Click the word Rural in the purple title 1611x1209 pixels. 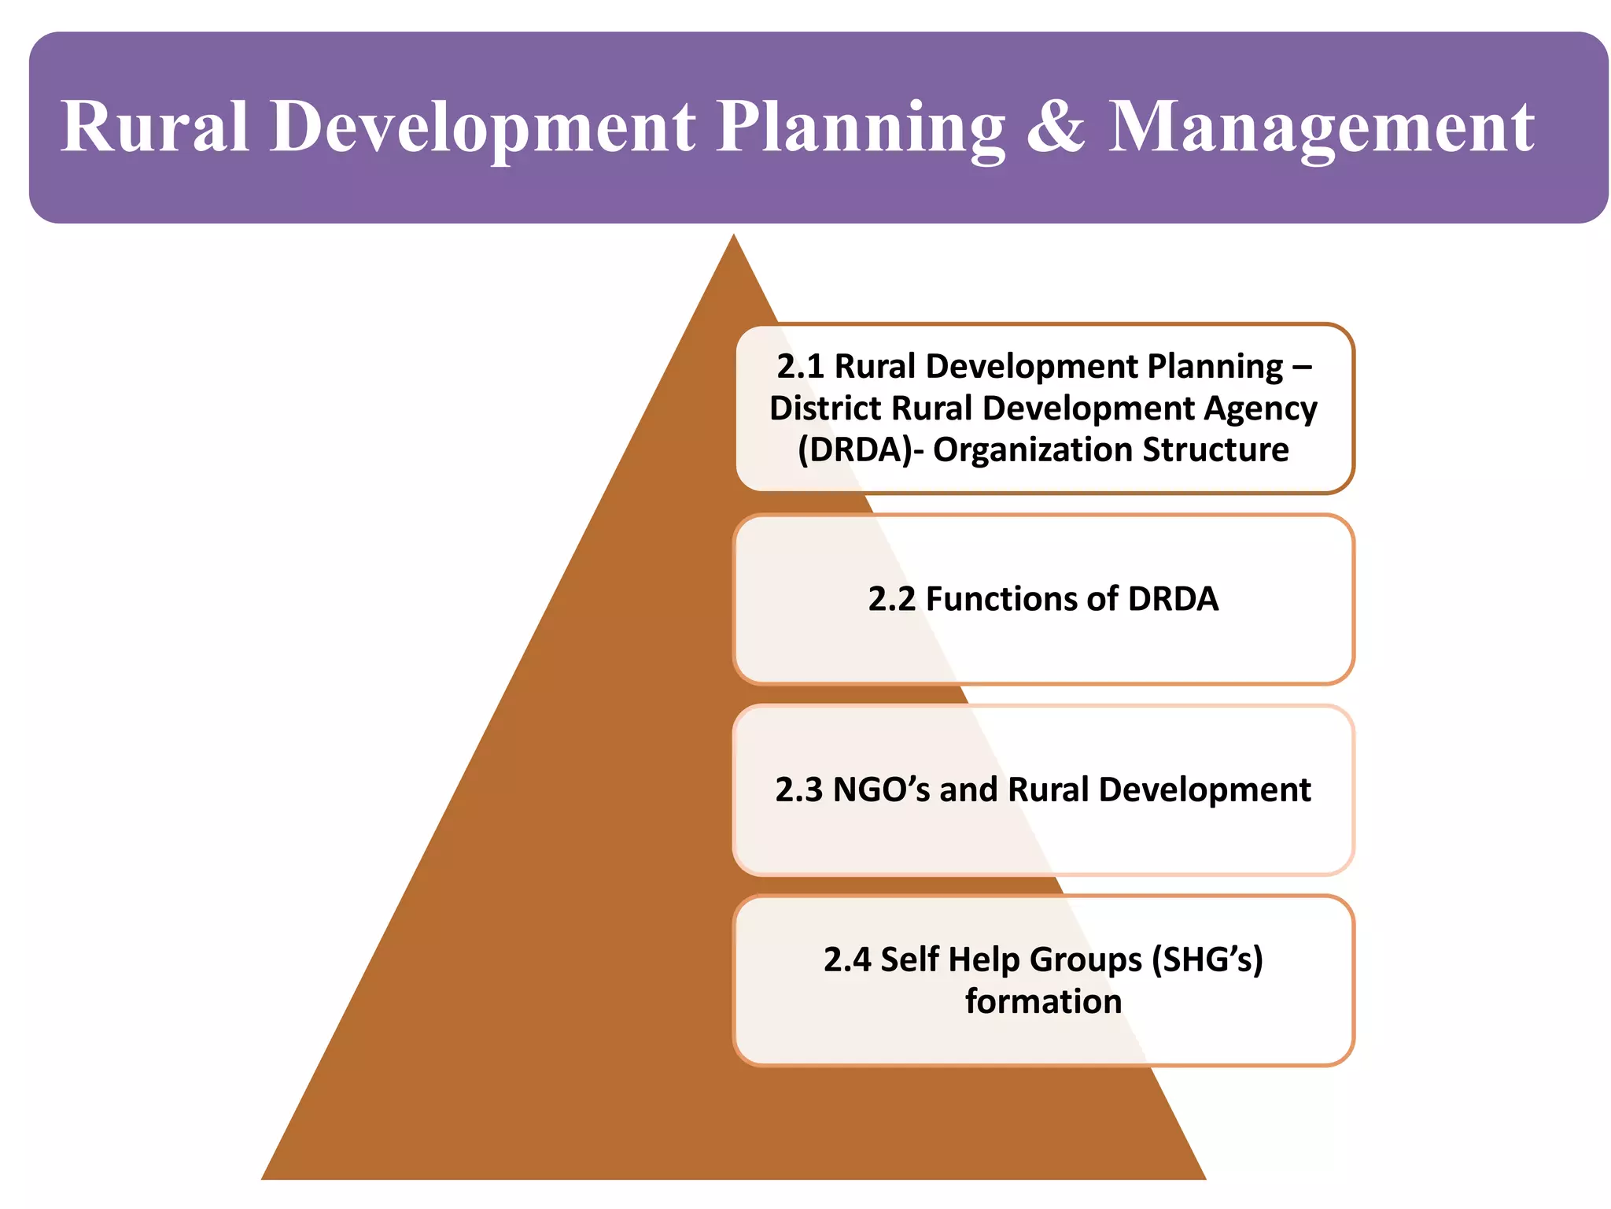click(155, 127)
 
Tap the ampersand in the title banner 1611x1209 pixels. click(1056, 127)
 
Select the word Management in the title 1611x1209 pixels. click(1321, 127)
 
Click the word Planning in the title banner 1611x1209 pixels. click(861, 127)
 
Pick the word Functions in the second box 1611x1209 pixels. click(1020, 600)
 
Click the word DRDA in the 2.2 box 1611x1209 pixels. click(1173, 600)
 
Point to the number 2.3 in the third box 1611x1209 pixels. click(798, 790)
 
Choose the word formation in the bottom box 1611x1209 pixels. click(1043, 1002)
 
